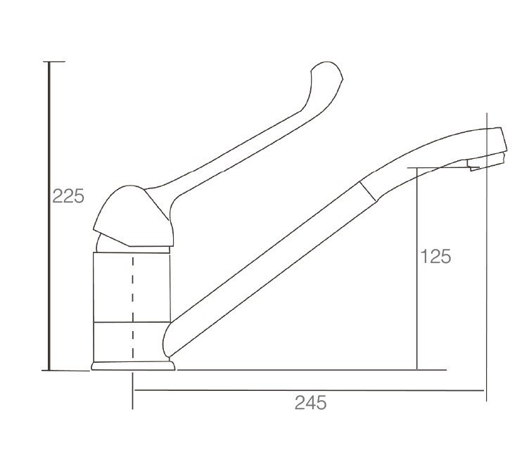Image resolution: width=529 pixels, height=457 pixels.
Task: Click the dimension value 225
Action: pyautogui.click(x=68, y=196)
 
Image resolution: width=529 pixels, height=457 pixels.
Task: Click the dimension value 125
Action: pyautogui.click(x=435, y=257)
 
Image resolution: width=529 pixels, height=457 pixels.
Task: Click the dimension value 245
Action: pyautogui.click(x=310, y=403)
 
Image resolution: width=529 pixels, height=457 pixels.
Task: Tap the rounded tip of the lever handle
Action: pyautogui.click(x=326, y=66)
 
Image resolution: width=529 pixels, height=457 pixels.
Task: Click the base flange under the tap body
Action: pyautogui.click(x=133, y=366)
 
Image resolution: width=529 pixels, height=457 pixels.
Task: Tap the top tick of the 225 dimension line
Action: pyautogui.click(x=54, y=62)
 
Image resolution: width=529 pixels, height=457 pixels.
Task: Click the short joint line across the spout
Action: pyautogui.click(x=367, y=191)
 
